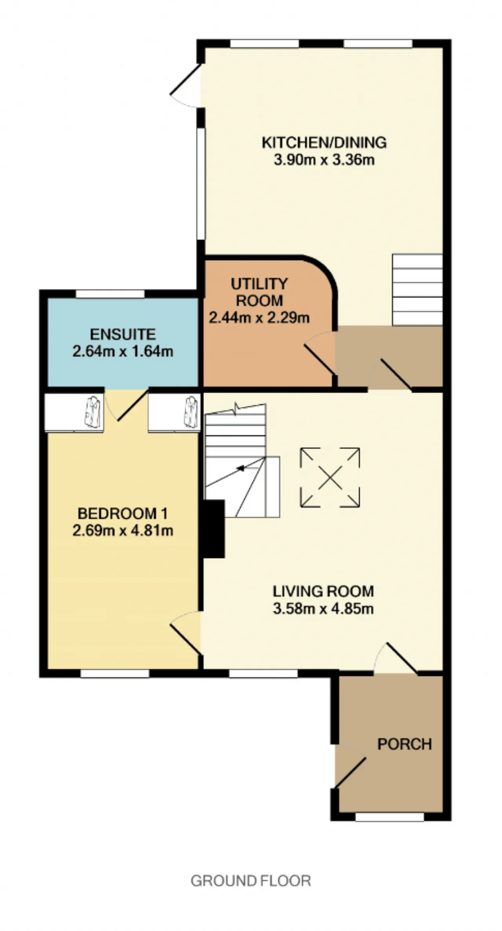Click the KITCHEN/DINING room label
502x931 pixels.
pyautogui.click(x=324, y=142)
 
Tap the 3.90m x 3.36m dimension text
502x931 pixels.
pyautogui.click(x=324, y=160)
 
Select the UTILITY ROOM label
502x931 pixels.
pyautogui.click(x=259, y=292)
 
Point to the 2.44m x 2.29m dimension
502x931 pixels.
pyautogui.click(x=259, y=317)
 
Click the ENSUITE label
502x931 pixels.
pyautogui.click(x=123, y=334)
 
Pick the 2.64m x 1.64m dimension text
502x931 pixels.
pyautogui.click(x=123, y=351)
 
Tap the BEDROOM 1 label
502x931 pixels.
pyautogui.click(x=123, y=513)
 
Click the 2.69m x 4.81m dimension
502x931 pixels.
pyautogui.click(x=123, y=531)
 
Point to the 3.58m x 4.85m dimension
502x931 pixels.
pyautogui.click(x=323, y=609)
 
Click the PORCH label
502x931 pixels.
pyautogui.click(x=404, y=744)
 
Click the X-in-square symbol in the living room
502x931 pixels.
pyautogui.click(x=330, y=477)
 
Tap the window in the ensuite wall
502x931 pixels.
pyautogui.click(x=110, y=294)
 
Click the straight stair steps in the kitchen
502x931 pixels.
pyautogui.click(x=417, y=290)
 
